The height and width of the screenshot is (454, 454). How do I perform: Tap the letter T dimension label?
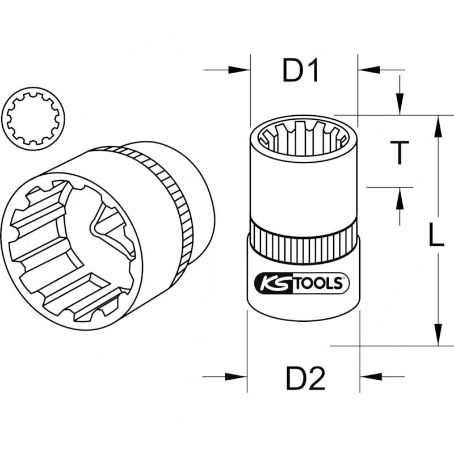tap(401, 153)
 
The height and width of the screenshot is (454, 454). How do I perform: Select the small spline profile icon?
tap(35, 117)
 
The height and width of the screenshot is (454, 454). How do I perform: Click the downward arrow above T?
tap(401, 106)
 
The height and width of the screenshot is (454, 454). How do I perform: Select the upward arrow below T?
tap(401, 199)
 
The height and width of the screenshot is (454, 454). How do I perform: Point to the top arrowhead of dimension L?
tap(438, 128)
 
